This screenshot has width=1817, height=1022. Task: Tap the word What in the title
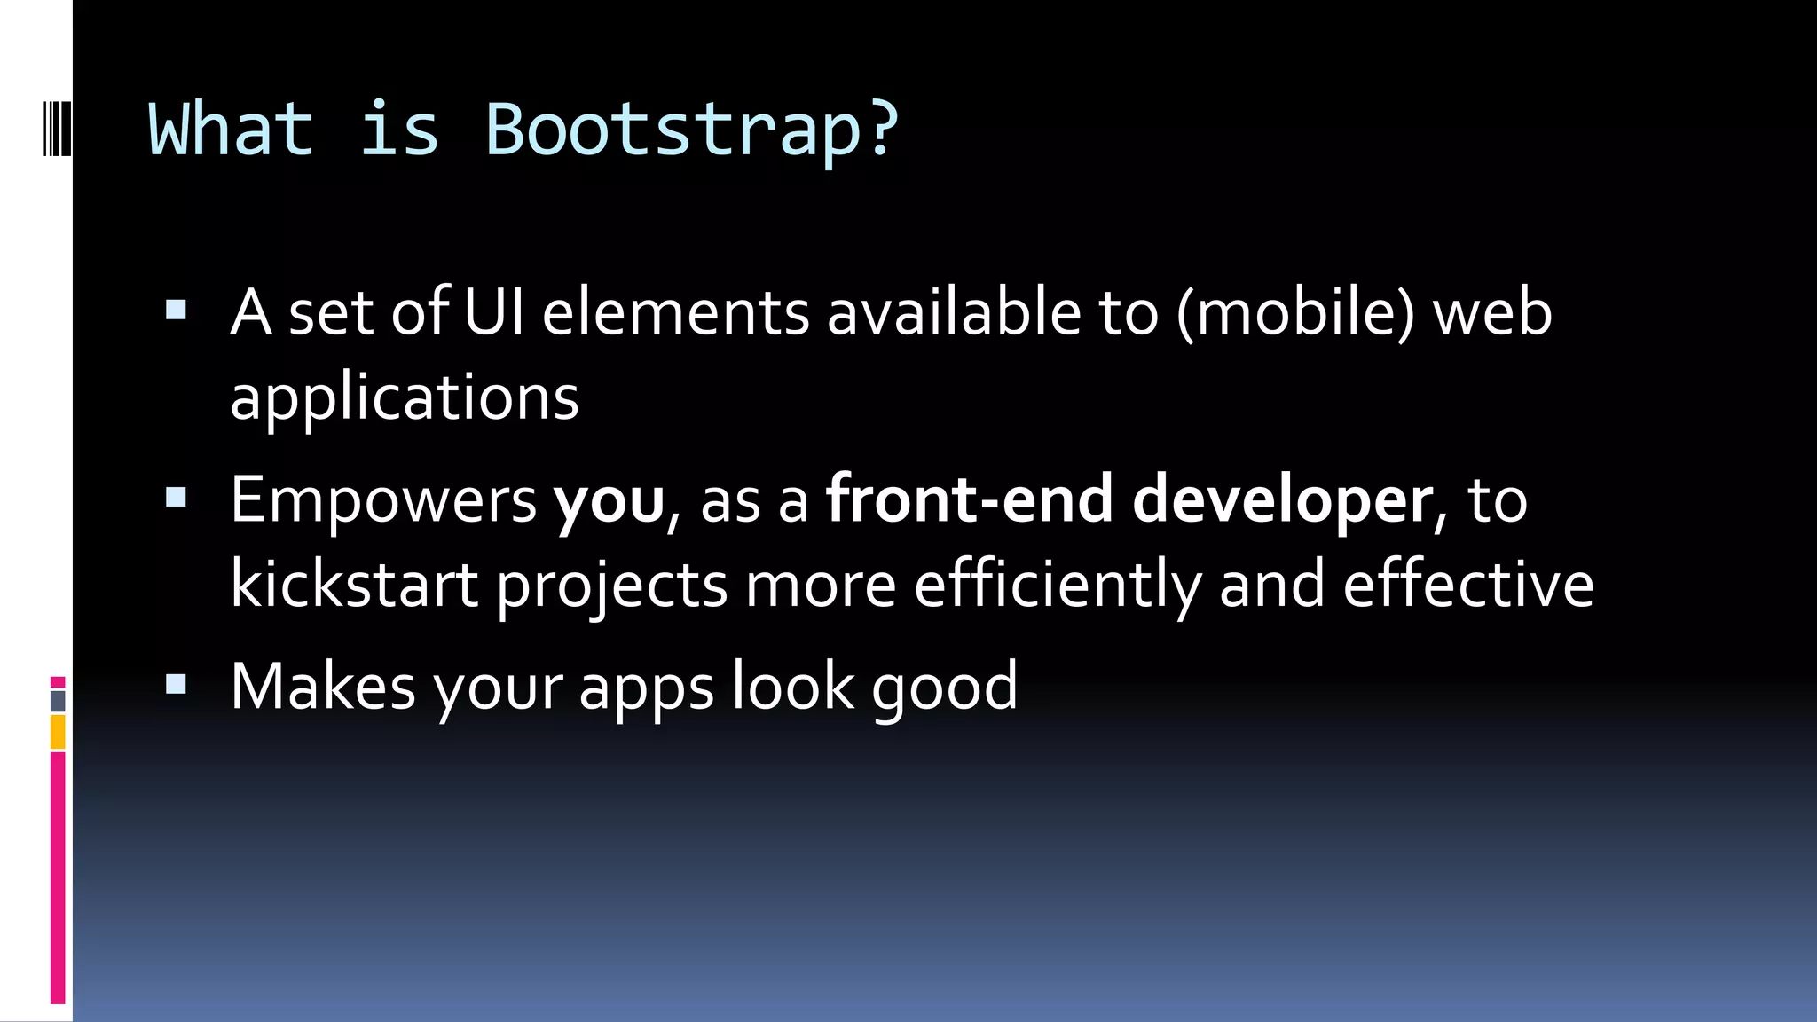tap(232, 130)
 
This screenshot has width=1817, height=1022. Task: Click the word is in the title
tap(399, 130)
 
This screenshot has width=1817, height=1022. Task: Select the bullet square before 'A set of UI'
tap(176, 310)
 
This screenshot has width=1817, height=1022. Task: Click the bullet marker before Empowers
tap(176, 497)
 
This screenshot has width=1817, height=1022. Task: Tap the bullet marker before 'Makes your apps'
tap(176, 684)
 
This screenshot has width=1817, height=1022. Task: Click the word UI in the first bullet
tap(493, 312)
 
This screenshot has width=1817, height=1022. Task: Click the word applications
tap(405, 397)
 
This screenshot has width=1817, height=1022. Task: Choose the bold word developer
tap(1282, 500)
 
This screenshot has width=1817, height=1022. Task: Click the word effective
tap(1468, 585)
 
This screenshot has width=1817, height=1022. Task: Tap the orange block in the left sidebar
tap(58, 733)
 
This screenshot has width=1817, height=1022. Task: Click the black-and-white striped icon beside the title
tap(58, 130)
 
